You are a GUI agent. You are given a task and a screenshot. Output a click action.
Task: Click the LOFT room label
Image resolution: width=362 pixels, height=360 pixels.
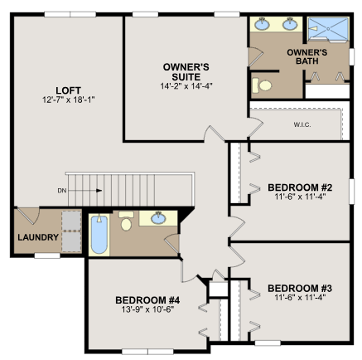click(x=68, y=90)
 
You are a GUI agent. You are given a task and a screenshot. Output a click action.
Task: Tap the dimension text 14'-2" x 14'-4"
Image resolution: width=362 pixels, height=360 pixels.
click(x=186, y=86)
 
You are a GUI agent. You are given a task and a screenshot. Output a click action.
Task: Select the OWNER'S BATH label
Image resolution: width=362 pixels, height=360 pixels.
click(x=306, y=56)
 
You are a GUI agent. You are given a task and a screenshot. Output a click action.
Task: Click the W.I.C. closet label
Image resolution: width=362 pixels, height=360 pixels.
click(x=302, y=124)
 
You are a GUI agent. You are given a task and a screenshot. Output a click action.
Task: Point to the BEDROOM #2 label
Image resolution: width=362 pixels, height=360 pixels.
click(x=300, y=187)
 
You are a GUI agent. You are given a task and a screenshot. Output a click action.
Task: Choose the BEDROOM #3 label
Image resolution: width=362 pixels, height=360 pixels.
click(x=300, y=289)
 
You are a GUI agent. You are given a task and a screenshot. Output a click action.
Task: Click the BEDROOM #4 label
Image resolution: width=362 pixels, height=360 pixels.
click(x=147, y=300)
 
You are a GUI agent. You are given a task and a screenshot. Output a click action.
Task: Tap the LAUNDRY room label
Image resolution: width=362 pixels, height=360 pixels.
click(x=38, y=237)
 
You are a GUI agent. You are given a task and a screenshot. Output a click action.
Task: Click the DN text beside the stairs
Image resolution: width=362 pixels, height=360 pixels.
click(x=62, y=191)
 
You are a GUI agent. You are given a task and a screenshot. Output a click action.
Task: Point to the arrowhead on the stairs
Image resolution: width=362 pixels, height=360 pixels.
click(x=99, y=191)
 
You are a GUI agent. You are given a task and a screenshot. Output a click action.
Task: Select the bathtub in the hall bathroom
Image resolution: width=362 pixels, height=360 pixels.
click(x=99, y=235)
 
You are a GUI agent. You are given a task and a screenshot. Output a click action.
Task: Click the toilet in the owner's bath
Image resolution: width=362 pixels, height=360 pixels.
click(x=262, y=85)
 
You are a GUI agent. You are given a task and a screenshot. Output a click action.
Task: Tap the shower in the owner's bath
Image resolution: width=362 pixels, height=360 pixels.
click(x=328, y=29)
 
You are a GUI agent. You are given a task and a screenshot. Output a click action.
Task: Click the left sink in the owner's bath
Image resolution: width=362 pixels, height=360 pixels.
click(x=262, y=24)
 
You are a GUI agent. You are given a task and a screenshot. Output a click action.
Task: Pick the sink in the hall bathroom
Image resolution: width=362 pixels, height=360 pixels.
click(x=158, y=218)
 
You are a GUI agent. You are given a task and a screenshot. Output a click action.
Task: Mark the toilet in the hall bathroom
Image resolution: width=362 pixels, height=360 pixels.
click(x=126, y=221)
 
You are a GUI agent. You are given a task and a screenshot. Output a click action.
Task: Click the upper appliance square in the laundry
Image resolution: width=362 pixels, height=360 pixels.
click(x=71, y=221)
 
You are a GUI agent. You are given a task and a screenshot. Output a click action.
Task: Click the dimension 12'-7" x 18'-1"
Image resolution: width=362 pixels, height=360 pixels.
click(x=69, y=100)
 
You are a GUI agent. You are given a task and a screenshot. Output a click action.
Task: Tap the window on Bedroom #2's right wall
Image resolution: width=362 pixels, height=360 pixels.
click(x=351, y=192)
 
